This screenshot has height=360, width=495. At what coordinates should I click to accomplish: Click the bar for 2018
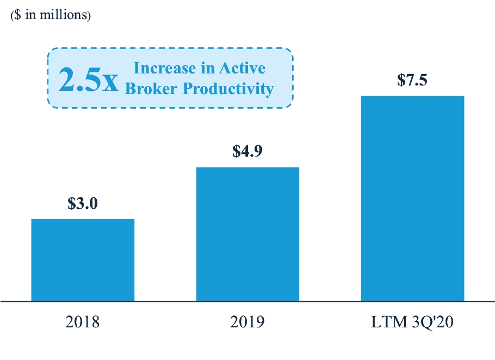(83, 259)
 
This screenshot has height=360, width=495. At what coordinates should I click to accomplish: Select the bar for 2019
(247, 233)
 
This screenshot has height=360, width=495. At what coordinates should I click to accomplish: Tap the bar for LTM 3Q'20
(412, 198)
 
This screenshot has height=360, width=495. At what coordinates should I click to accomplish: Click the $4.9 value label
(247, 151)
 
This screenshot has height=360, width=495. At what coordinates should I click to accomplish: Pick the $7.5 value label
(412, 80)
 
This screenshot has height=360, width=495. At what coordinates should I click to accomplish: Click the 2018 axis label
(83, 322)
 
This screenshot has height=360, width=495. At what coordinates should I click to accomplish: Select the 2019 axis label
(247, 322)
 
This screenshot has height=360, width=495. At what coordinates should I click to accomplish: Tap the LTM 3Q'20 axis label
(412, 322)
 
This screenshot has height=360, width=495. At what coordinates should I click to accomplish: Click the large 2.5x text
(88, 79)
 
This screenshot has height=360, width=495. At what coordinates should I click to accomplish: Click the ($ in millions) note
(51, 15)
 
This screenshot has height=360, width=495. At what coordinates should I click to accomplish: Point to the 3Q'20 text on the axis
(431, 322)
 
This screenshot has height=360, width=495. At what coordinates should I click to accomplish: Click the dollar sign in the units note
(18, 15)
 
